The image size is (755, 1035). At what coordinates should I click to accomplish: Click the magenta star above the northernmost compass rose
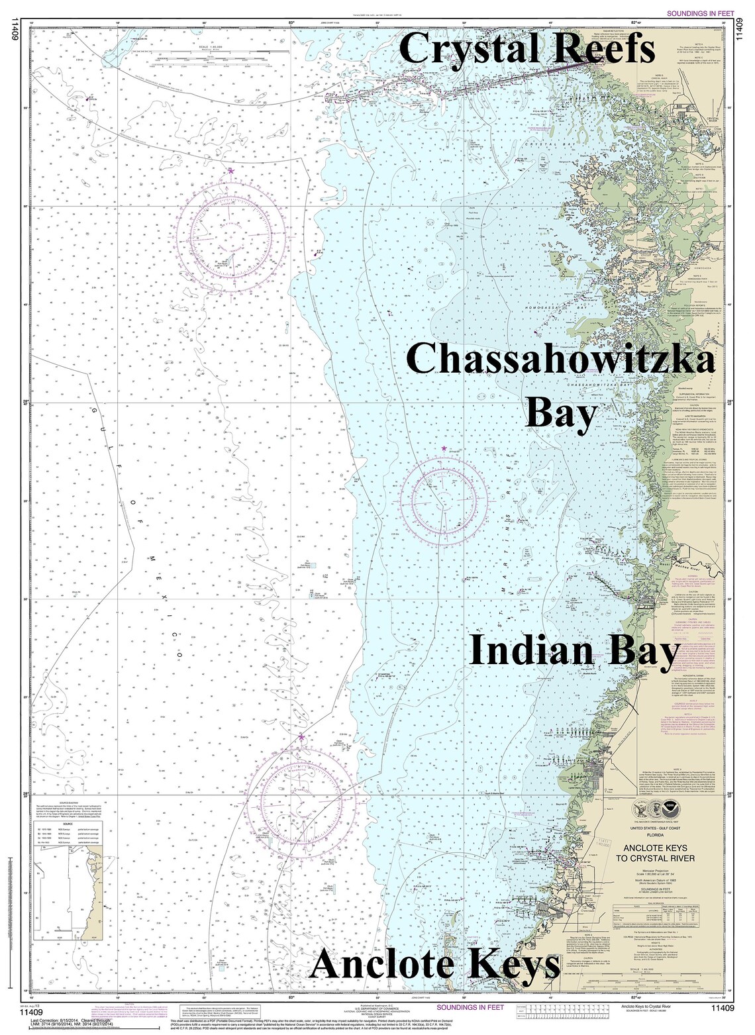[x=232, y=171]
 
